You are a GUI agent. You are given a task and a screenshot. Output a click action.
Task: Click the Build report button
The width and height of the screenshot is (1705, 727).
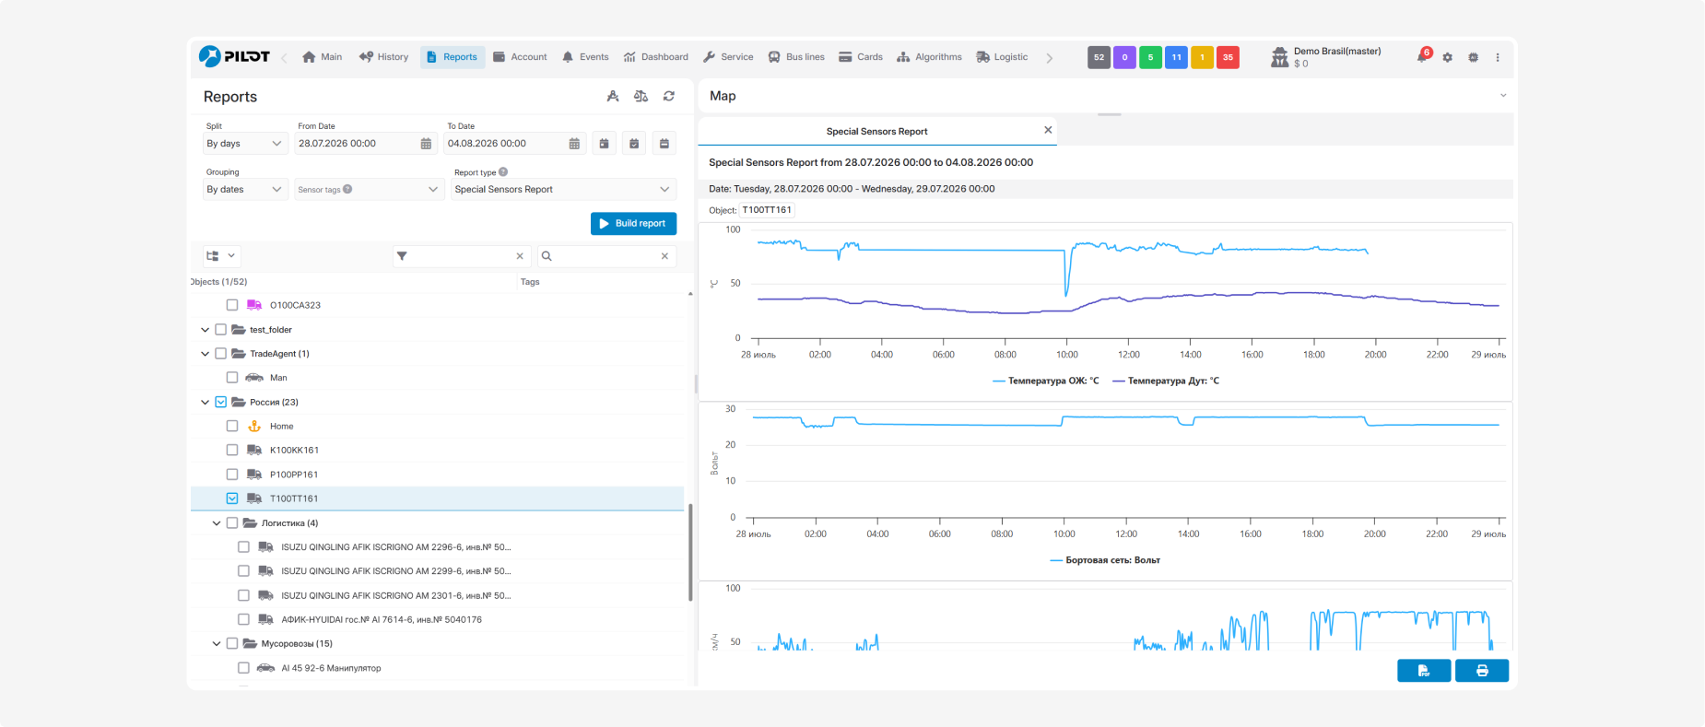(x=633, y=224)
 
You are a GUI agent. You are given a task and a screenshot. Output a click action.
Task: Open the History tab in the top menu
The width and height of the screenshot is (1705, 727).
(x=383, y=57)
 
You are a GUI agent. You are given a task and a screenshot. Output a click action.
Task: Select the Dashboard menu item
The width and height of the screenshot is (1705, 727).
(x=656, y=57)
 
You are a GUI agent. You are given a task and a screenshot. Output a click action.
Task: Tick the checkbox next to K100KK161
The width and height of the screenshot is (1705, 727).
(x=232, y=450)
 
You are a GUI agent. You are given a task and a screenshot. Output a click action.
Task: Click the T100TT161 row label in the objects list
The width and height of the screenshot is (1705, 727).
(x=294, y=498)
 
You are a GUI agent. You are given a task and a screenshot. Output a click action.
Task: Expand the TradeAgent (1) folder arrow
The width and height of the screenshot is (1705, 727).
(x=205, y=354)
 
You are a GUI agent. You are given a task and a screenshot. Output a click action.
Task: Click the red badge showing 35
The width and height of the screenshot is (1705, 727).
(x=1228, y=57)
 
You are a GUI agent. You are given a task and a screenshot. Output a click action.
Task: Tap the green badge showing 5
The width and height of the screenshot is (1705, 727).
(x=1150, y=57)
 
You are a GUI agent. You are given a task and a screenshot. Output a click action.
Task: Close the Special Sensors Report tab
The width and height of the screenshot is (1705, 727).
(x=1048, y=130)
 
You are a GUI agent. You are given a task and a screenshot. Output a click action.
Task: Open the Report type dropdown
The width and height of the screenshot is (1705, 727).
(x=563, y=190)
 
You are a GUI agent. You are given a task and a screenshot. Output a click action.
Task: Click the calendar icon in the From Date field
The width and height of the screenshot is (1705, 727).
(x=426, y=144)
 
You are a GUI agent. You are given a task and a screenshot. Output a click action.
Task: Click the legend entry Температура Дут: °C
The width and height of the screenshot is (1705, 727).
(x=1166, y=381)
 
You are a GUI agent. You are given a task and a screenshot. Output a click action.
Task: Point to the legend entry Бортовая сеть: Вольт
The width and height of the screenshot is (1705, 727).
(x=1105, y=560)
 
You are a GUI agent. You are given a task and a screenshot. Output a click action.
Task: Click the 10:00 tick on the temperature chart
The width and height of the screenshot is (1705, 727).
(x=1067, y=355)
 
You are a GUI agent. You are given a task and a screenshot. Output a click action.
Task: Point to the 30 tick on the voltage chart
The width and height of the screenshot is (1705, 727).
(x=731, y=409)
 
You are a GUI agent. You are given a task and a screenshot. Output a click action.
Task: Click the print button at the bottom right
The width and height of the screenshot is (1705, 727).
(x=1482, y=671)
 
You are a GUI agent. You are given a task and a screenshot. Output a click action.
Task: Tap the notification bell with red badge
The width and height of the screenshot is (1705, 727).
(x=1423, y=57)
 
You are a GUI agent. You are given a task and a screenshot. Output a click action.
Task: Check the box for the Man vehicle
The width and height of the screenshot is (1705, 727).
(x=232, y=378)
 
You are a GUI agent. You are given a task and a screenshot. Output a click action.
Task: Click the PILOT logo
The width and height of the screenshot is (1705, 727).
(x=234, y=56)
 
